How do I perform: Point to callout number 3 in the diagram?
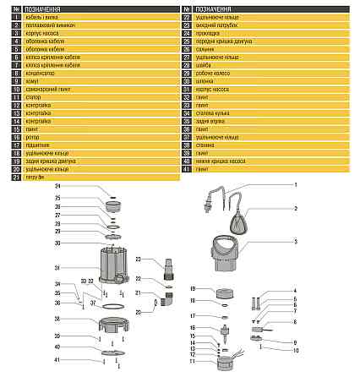tap(295, 241)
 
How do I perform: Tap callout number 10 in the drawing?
tap(297, 348)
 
